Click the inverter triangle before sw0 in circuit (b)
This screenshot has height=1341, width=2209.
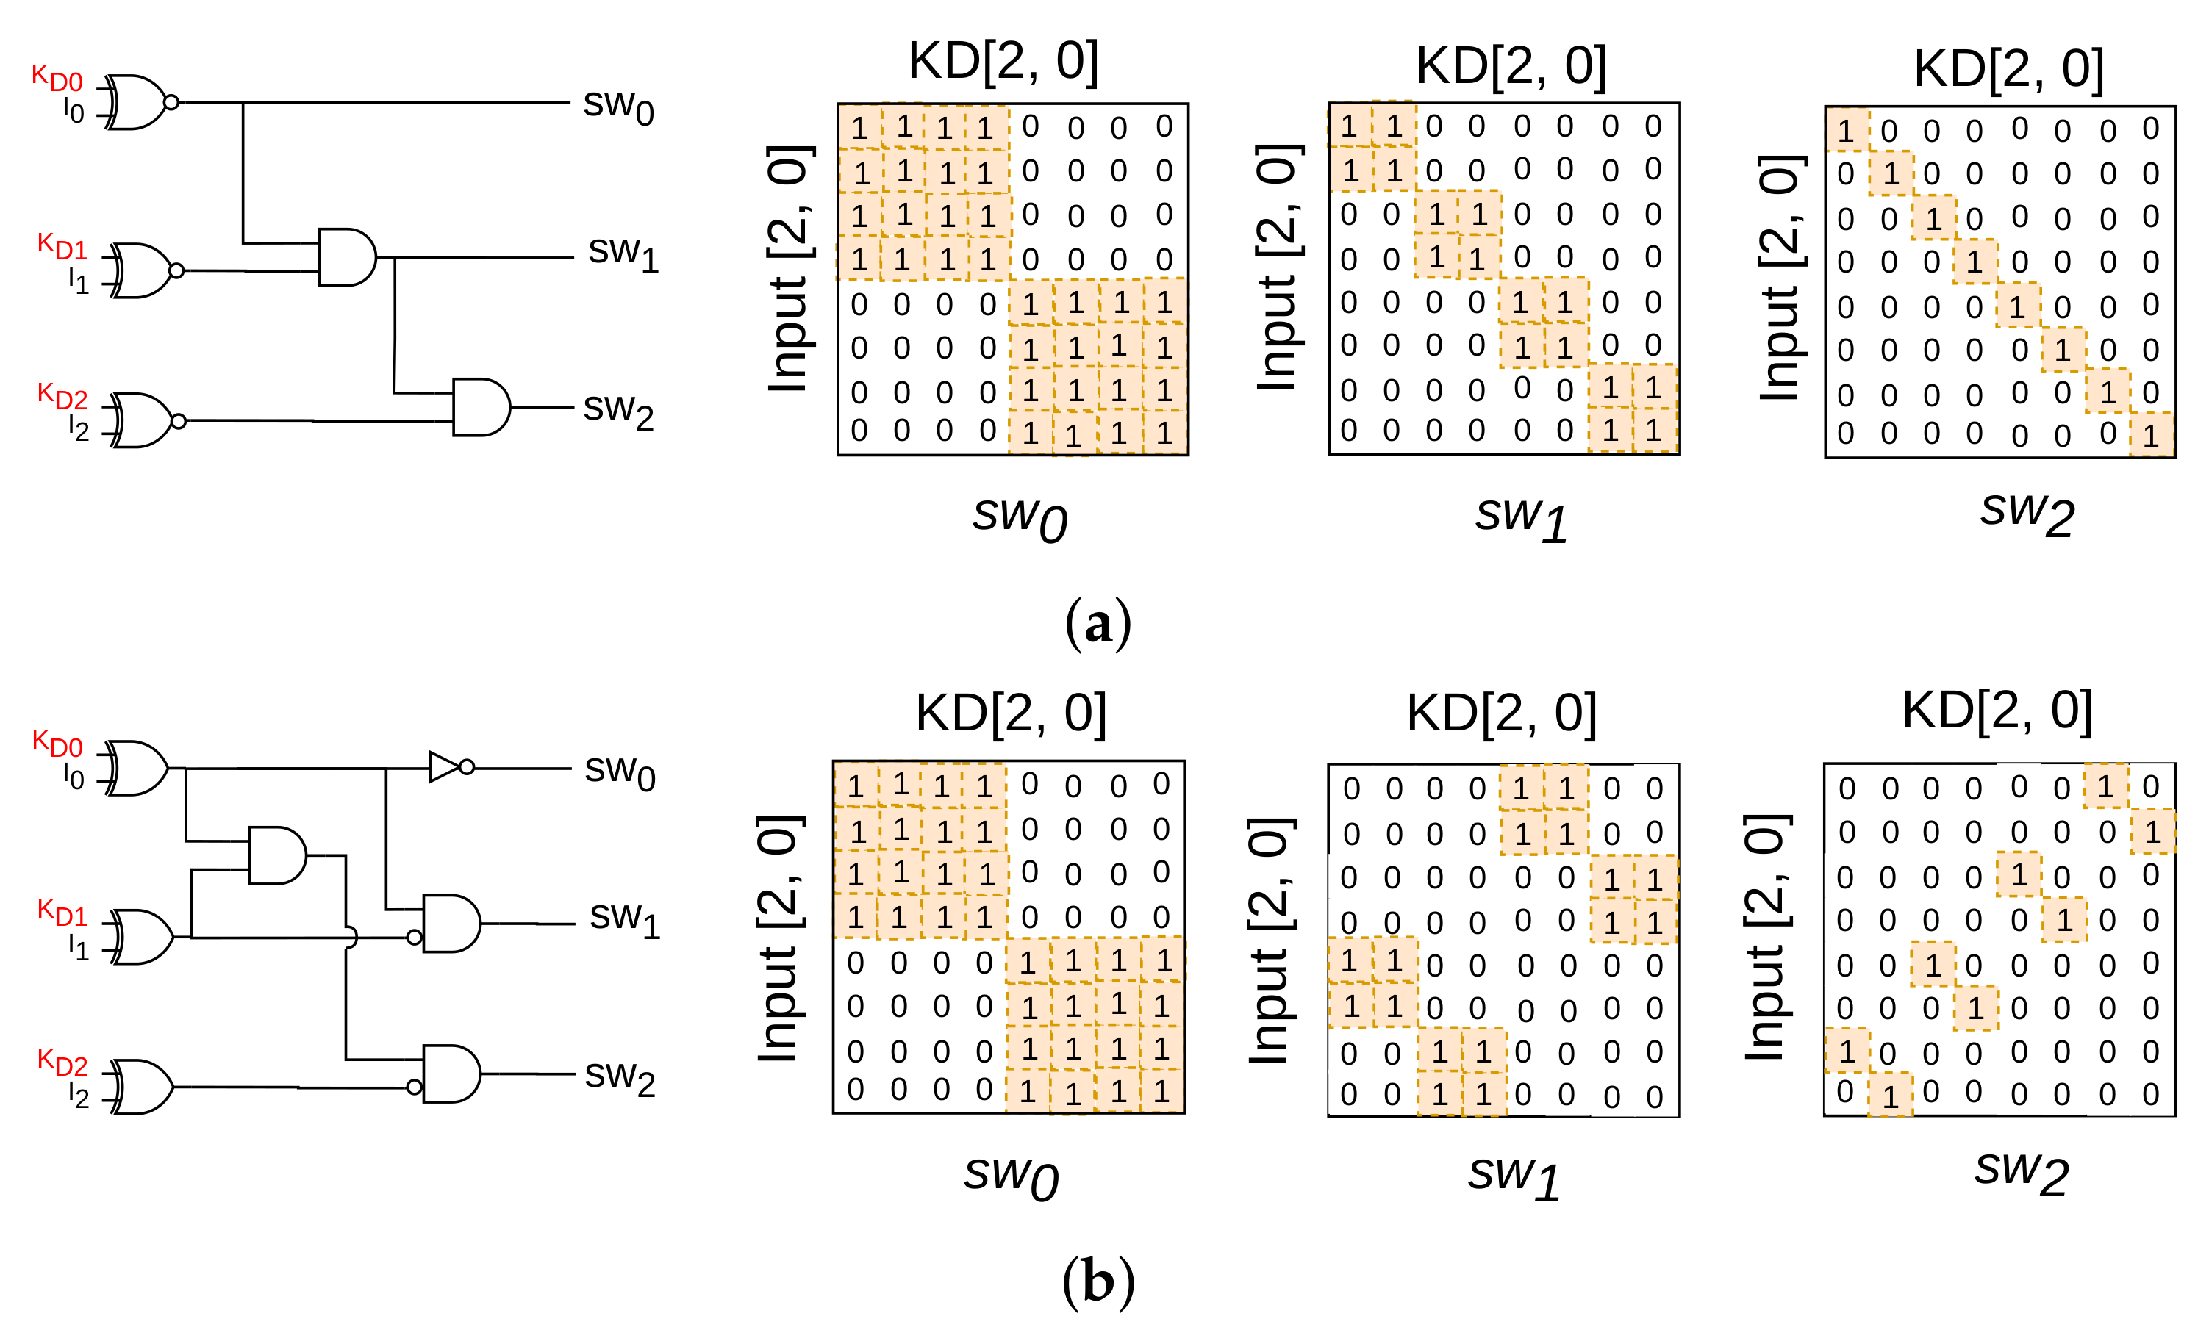coord(445,767)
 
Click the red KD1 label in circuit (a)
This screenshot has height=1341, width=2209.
coord(62,245)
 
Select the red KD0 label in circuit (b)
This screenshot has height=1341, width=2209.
coord(57,743)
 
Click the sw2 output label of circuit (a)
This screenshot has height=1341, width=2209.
coord(618,411)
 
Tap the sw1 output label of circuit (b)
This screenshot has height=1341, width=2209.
coord(624,920)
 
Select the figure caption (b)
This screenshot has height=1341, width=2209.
coord(1098,1281)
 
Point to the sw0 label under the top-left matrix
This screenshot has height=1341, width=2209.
coord(1020,518)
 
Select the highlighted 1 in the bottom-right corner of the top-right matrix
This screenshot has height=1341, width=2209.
coord(2152,436)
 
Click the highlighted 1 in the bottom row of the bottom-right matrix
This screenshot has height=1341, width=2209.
coord(1891,1096)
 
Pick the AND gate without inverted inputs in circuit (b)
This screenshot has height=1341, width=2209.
coord(277,856)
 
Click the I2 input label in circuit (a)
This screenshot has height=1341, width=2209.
coord(79,428)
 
